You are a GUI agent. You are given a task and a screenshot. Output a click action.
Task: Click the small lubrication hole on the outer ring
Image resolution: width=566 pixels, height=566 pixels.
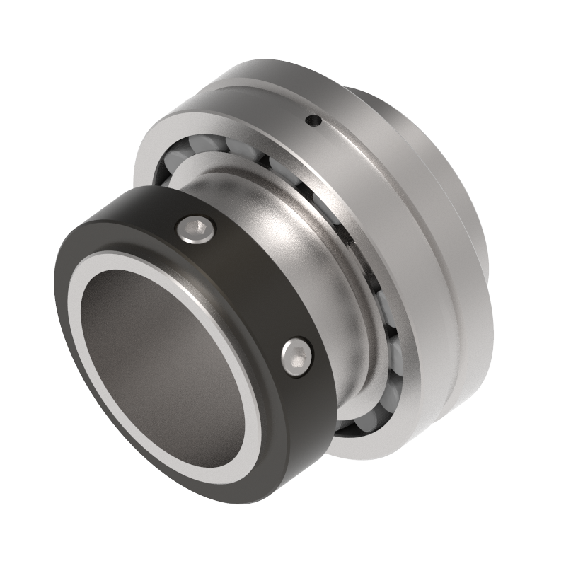[312, 123]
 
